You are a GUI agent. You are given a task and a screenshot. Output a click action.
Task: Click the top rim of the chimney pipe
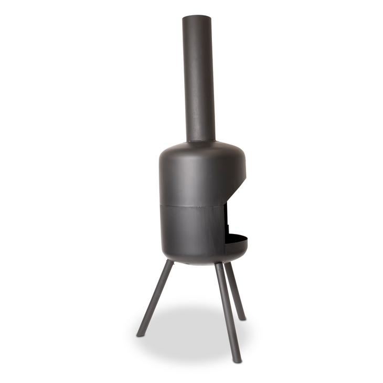coord(197,17)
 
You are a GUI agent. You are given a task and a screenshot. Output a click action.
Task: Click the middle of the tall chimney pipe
coord(198,79)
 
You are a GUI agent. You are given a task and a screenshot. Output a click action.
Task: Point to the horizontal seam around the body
coord(189,205)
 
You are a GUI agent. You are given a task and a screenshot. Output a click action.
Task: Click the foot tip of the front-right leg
coord(238,360)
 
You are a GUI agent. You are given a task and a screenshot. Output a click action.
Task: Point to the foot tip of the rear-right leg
coord(242,317)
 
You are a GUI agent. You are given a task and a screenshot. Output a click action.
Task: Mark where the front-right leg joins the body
coord(220,265)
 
